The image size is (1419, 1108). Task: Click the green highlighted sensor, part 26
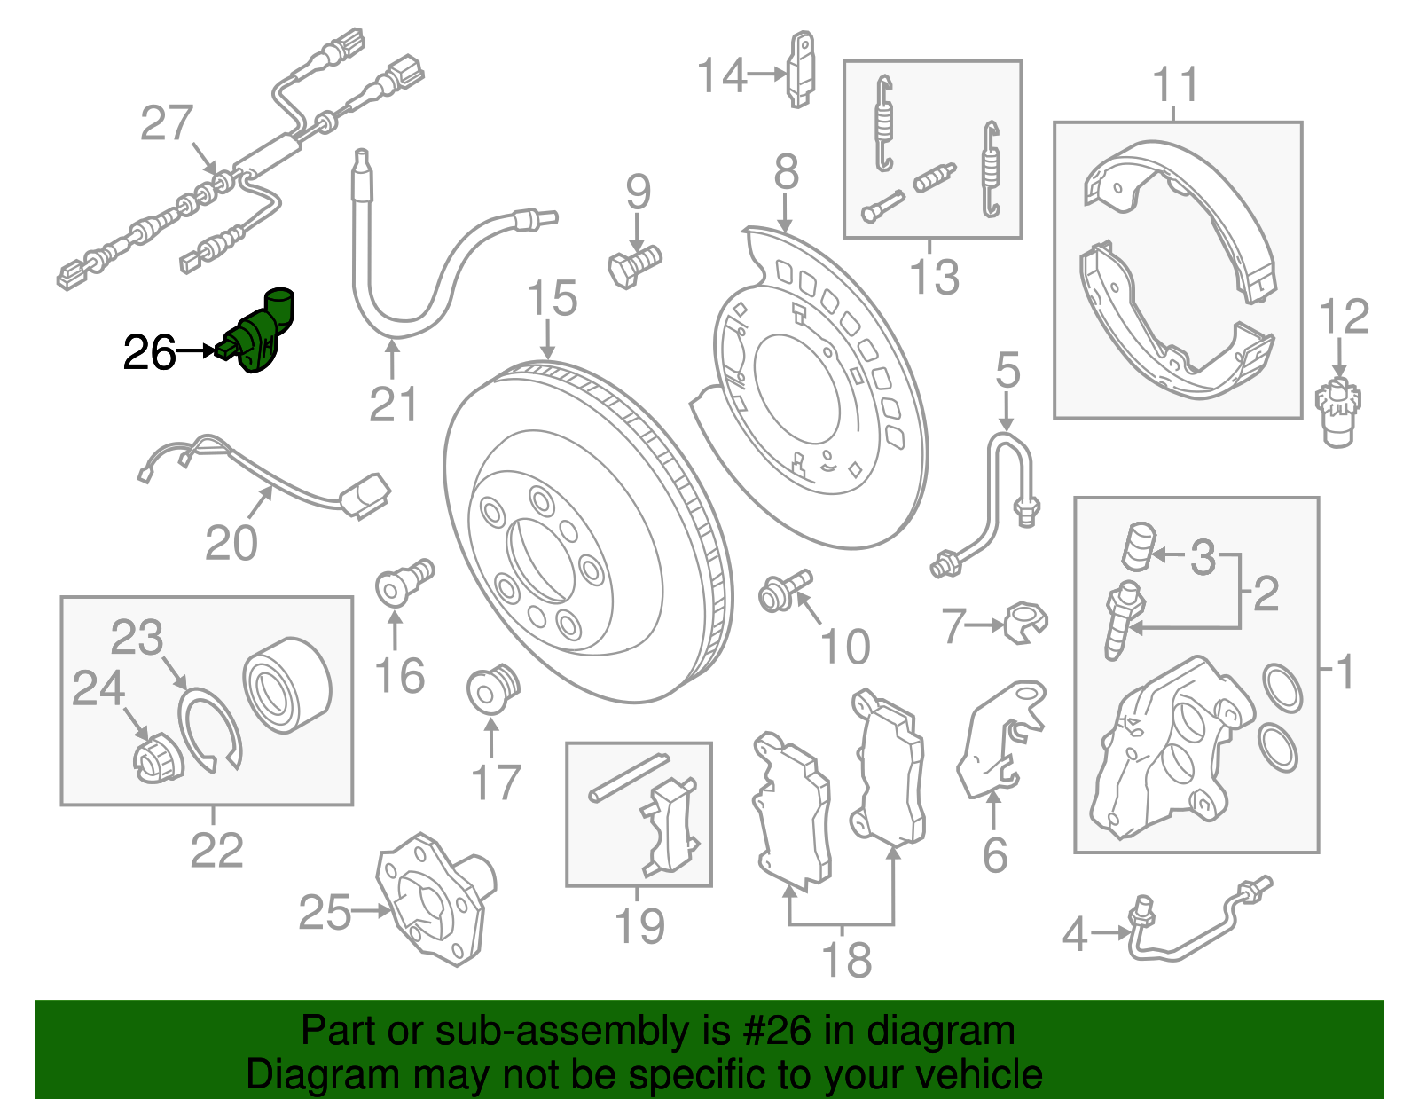pos(263,335)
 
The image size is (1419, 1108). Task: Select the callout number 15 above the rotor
pos(552,300)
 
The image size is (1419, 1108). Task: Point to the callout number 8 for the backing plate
pos(786,173)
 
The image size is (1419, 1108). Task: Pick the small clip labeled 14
pos(801,69)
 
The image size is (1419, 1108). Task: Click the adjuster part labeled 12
pos(1338,411)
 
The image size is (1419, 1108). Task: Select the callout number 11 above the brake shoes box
pos(1175,86)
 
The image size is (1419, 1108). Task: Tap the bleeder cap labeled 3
pos(1137,546)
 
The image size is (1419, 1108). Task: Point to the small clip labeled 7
pos(1026,622)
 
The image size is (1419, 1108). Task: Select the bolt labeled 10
pos(783,592)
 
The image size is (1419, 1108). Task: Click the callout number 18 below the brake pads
pos(846,960)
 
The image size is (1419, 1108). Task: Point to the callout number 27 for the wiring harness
pos(166,123)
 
